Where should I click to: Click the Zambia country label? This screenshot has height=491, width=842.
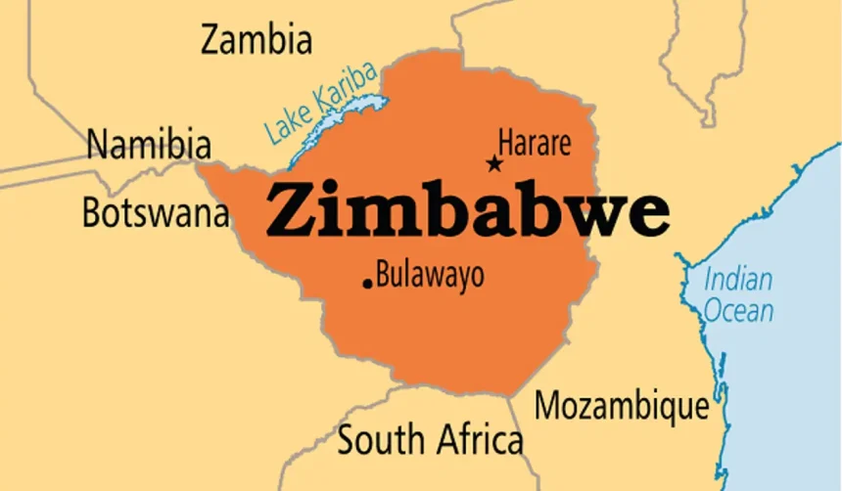coord(257,40)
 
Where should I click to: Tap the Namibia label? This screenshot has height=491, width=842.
coord(149,146)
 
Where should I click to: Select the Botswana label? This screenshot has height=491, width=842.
coord(155,212)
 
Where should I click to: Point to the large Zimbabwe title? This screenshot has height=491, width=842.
coord(468,210)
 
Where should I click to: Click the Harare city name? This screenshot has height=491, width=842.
coord(535,144)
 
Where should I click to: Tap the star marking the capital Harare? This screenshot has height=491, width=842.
coord(494,163)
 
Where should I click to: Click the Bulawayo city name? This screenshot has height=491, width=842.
coord(430,275)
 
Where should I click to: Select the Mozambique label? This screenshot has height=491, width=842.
coord(622,404)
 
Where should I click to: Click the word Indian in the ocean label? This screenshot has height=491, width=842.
coord(738,280)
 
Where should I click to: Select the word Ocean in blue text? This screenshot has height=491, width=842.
coord(740,311)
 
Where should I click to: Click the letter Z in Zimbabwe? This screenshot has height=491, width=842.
coord(291,210)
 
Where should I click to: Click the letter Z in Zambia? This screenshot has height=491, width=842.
coord(211,40)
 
